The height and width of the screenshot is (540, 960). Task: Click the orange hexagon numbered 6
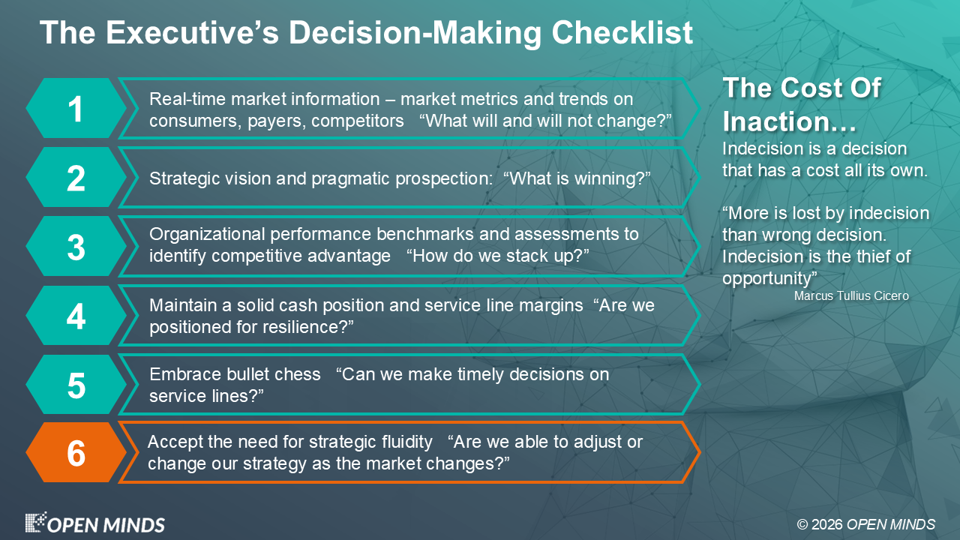76,452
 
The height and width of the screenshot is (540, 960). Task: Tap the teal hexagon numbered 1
76,108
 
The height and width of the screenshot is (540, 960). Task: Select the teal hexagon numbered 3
76,246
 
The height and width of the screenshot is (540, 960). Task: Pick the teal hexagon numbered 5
76,384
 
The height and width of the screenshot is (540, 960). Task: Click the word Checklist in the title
622,32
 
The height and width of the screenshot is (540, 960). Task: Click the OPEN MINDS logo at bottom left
94,523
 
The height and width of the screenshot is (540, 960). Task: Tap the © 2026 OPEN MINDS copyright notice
865,524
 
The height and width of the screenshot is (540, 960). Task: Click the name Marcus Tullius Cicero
851,295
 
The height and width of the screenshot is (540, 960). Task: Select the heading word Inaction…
789,121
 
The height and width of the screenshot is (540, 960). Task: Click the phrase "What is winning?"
577,178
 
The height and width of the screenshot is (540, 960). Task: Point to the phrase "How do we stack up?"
497,256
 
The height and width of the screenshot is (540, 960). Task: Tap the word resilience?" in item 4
307,327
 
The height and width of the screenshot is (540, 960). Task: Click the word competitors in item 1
358,121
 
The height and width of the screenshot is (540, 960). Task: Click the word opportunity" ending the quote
769,278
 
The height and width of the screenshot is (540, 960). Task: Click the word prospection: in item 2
444,179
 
